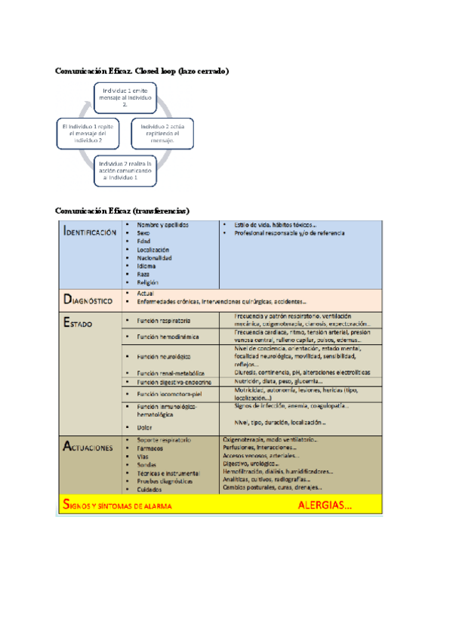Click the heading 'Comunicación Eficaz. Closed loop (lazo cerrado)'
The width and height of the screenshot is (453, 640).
pyautogui.click(x=142, y=71)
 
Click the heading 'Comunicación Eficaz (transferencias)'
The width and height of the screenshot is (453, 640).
pyautogui.click(x=122, y=210)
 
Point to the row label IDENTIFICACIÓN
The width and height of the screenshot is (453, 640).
pyautogui.click(x=90, y=233)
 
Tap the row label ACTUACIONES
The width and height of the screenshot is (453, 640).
pyautogui.click(x=88, y=447)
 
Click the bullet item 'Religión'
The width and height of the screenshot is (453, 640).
pyautogui.click(x=148, y=282)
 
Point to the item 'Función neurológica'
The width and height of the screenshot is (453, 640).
pyautogui.click(x=164, y=355)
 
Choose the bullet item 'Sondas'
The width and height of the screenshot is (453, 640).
pyautogui.click(x=148, y=464)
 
